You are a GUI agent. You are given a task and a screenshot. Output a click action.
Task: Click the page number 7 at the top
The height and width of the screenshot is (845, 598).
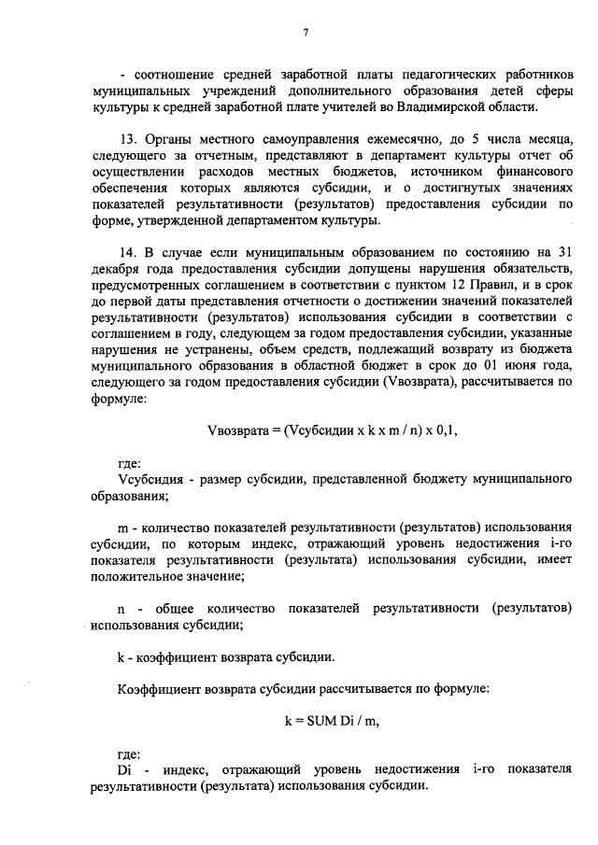click(x=306, y=35)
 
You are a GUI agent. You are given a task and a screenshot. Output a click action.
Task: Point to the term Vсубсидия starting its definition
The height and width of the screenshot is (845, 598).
click(x=149, y=480)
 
